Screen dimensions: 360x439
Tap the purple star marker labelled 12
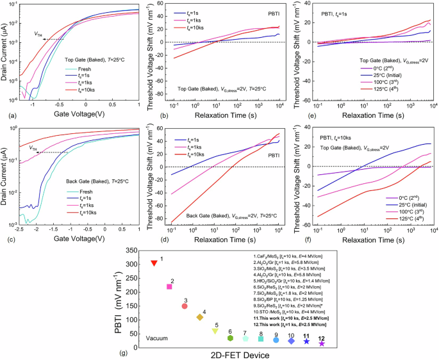322,344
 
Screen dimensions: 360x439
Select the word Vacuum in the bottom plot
157,338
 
